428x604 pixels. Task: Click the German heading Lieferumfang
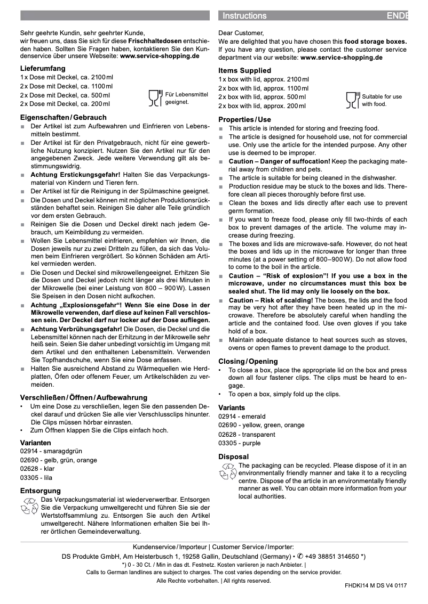point(43,68)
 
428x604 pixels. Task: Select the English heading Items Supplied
point(244,70)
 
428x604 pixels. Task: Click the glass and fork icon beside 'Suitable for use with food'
point(353,100)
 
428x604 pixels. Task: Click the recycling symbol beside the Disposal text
point(228,471)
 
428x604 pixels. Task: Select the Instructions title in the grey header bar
point(244,16)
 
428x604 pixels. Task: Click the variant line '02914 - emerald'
point(242,417)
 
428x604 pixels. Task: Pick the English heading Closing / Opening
point(248,361)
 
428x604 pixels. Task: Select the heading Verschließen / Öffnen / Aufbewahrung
point(84,397)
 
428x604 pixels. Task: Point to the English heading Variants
point(232,407)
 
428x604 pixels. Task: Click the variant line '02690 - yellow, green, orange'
point(261,426)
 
